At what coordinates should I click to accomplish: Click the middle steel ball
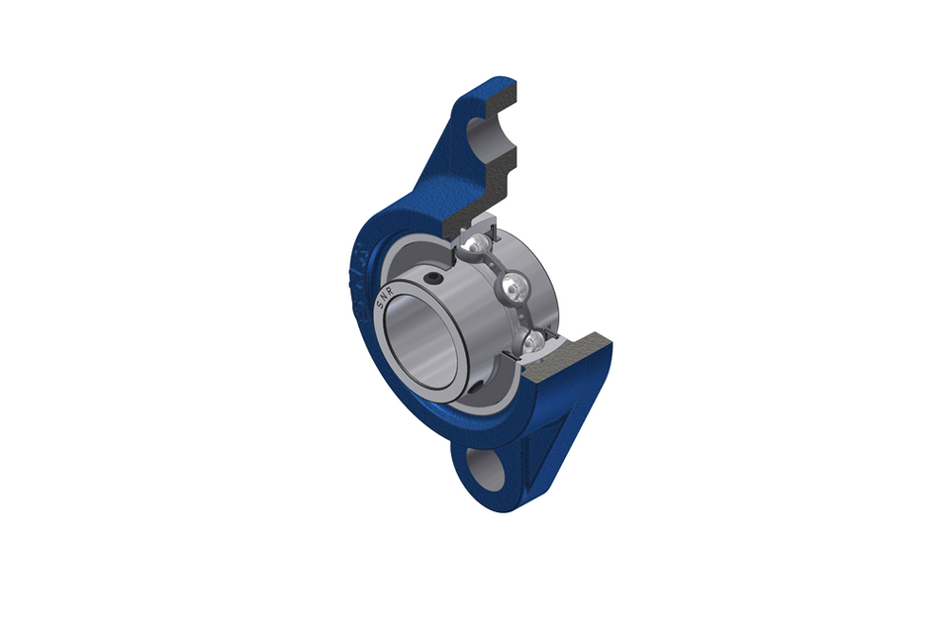[513, 289]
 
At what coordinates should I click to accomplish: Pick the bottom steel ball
[533, 341]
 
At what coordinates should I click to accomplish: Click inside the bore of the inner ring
[421, 336]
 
